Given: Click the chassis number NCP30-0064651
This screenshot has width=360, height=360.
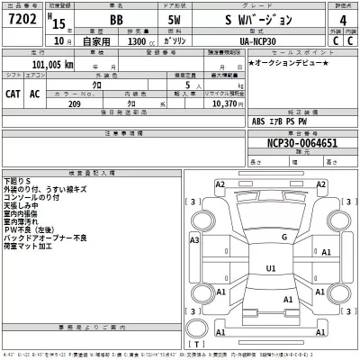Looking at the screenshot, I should point(300,143).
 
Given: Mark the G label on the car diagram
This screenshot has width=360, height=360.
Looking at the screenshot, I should point(284,238).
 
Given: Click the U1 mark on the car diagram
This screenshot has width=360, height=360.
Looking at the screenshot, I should point(270,268).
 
